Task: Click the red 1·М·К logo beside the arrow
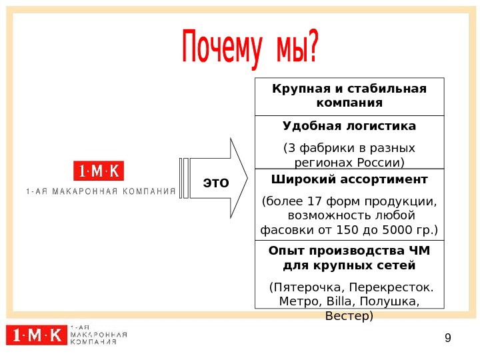pyautogui.click(x=99, y=171)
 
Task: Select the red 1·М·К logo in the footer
pyautogui.click(x=36, y=335)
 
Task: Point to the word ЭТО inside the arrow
pyautogui.click(x=215, y=181)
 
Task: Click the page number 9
pyautogui.click(x=447, y=337)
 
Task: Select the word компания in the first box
pyautogui.click(x=349, y=103)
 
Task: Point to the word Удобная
pyautogui.click(x=310, y=126)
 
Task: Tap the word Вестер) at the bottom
pyautogui.click(x=349, y=315)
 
